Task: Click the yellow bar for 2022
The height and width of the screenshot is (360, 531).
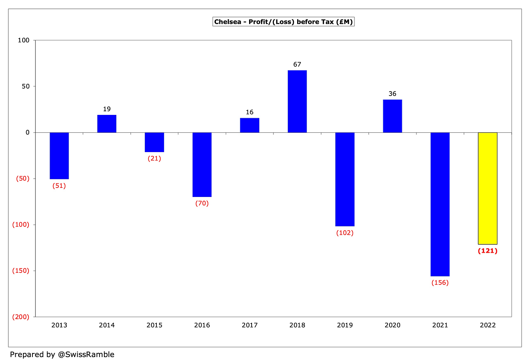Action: point(488,188)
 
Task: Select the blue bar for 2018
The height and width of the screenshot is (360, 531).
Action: point(297,101)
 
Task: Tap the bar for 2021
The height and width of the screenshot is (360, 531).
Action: point(440,204)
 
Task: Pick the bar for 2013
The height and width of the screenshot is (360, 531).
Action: point(59,156)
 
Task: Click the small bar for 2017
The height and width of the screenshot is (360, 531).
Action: point(249,125)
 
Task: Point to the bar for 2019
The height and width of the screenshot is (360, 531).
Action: point(345,179)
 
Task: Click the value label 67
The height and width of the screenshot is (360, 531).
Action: point(297,65)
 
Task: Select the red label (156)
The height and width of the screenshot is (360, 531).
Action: point(440,283)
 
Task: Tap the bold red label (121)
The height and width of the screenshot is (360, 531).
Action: point(488,251)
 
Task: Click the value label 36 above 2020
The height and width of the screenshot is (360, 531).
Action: point(392,94)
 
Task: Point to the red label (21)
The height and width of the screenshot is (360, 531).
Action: point(154,159)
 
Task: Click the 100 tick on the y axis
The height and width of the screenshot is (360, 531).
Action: point(24,40)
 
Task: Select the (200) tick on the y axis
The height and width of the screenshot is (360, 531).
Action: point(21,317)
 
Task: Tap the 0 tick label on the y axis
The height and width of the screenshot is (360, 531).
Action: point(27,132)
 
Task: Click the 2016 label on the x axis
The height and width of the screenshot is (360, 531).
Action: point(202,325)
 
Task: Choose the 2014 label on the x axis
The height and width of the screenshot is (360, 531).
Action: point(107,325)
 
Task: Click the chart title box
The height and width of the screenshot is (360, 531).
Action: point(283,22)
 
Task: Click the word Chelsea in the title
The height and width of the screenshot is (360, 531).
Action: point(226,22)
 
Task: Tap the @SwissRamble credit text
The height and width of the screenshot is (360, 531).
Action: point(86,355)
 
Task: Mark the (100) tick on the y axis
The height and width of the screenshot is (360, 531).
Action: point(21,225)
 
